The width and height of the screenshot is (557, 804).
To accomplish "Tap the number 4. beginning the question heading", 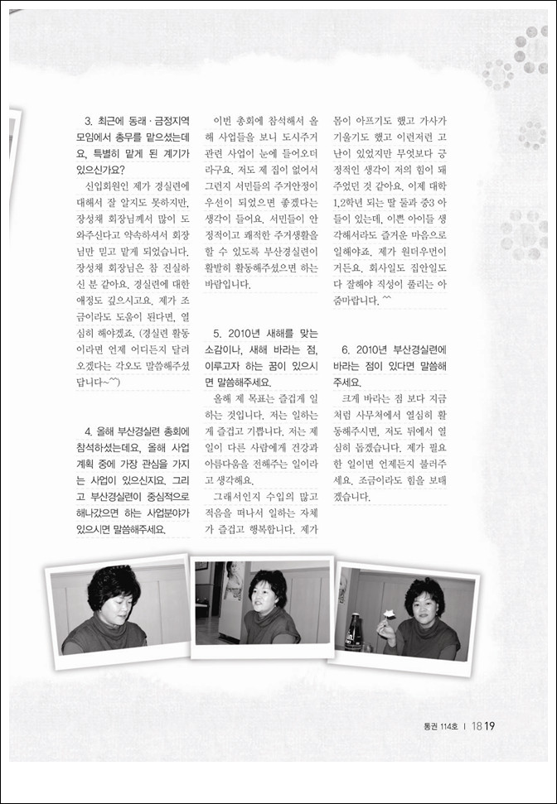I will [90, 431].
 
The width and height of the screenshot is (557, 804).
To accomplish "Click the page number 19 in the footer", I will [490, 726].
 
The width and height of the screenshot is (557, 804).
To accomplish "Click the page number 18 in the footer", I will [477, 726].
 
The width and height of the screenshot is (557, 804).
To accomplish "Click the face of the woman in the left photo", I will [114, 596].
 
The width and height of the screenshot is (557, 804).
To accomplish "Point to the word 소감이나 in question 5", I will [223, 349].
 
